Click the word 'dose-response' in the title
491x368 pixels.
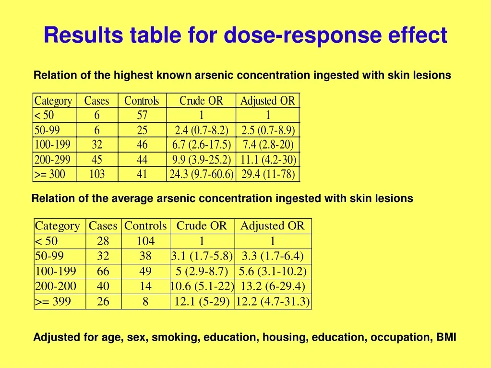pyautogui.click(x=302, y=35)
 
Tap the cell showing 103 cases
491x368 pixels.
pyautogui.click(x=97, y=174)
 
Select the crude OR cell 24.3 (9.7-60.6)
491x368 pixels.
pyautogui.click(x=202, y=174)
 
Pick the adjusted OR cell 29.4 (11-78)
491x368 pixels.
pyautogui.click(x=268, y=174)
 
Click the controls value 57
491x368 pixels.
pyautogui.click(x=142, y=115)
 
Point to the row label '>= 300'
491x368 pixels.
pyautogui.click(x=50, y=174)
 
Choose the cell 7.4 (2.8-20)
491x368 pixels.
pyautogui.click(x=268, y=144)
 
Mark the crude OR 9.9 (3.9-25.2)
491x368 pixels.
pyautogui.click(x=202, y=160)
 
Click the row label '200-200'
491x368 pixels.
pyautogui.click(x=56, y=286)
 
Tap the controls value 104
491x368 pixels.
pyautogui.click(x=145, y=241)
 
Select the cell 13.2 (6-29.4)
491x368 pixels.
pyautogui.click(x=273, y=286)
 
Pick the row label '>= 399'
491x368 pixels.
pyautogui.click(x=53, y=301)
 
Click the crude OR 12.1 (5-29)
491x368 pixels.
pyautogui.click(x=202, y=301)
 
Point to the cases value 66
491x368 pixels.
pyautogui.click(x=103, y=271)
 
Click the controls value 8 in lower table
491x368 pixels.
pyautogui.click(x=145, y=301)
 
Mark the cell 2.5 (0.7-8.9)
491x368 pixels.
pyautogui.click(x=268, y=130)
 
